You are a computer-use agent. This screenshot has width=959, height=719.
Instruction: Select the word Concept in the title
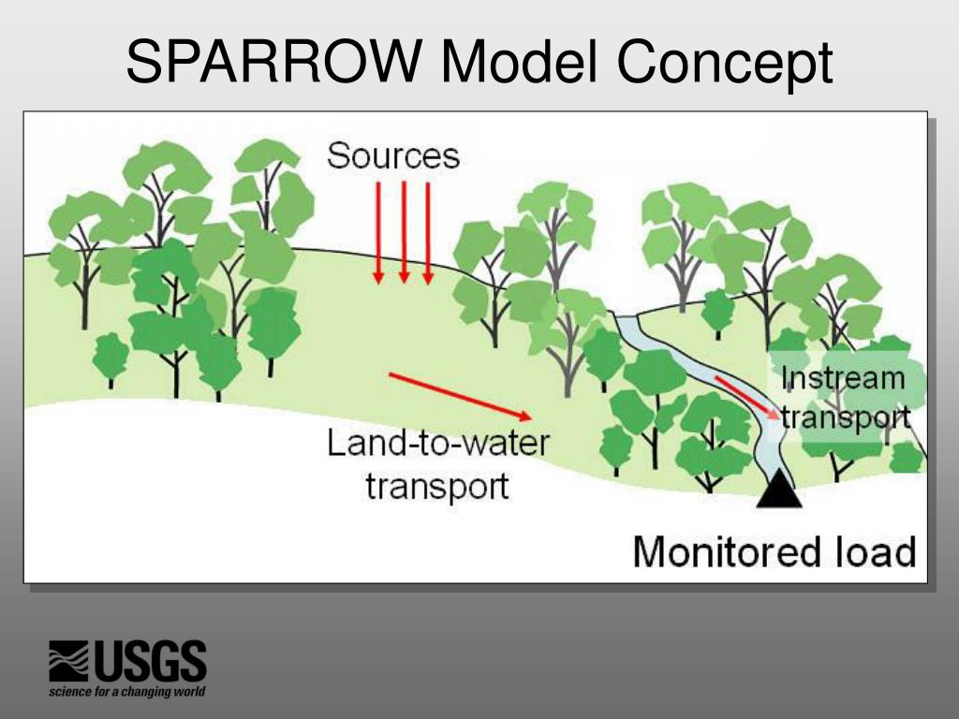click(x=724, y=65)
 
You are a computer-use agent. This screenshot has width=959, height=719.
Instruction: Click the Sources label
click(x=393, y=155)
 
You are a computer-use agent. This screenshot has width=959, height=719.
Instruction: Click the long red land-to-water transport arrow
click(x=460, y=395)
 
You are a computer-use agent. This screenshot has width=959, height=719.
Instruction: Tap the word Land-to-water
click(x=437, y=442)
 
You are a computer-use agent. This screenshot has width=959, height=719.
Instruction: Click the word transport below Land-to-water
click(x=437, y=486)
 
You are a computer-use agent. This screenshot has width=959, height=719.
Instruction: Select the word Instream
click(x=844, y=378)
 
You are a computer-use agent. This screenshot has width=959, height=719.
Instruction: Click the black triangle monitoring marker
click(x=779, y=489)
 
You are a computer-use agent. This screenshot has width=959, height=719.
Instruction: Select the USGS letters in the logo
click(x=150, y=662)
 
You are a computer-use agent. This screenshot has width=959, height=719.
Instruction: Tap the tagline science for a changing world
click(x=127, y=693)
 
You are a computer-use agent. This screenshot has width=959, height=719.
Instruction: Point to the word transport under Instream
click(x=846, y=417)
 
